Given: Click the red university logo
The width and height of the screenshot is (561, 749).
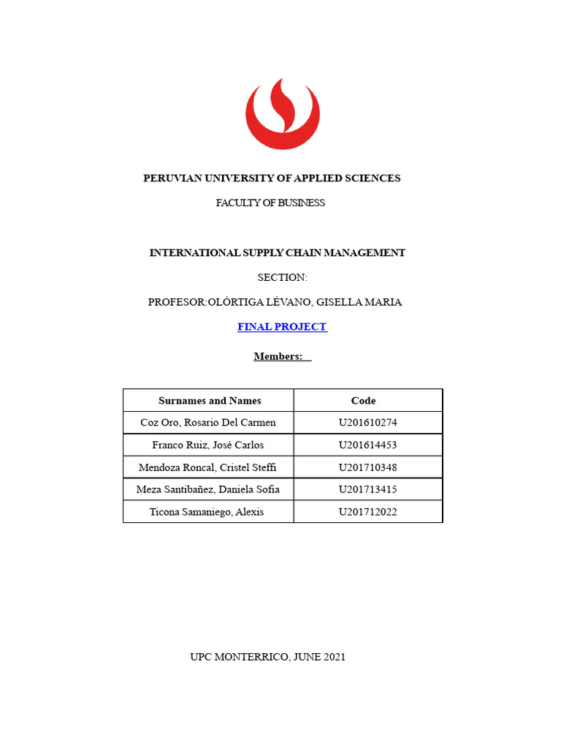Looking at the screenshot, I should tap(281, 114).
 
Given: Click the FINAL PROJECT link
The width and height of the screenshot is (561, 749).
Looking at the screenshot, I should tap(282, 327).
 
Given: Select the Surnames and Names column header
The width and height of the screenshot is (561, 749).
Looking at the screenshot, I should tap(210, 401).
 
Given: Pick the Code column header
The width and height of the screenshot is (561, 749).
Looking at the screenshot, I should tap(363, 401).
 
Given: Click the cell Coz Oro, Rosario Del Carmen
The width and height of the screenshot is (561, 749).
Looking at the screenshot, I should tap(208, 423).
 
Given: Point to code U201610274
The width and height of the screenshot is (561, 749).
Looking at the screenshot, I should tap(367, 423).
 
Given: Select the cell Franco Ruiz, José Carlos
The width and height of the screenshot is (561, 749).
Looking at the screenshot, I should tap(208, 445).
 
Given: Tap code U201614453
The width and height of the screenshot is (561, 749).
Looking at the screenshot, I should tap(367, 445).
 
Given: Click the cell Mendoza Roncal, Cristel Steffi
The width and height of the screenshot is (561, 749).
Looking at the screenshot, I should tap(208, 467).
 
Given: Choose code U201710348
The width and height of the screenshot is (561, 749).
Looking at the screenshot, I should tap(367, 467).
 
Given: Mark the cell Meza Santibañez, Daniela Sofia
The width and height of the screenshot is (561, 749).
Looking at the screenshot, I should tap(208, 489).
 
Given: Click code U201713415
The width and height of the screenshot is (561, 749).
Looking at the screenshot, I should tap(367, 489).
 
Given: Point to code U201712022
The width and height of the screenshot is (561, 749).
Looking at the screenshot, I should tap(367, 512).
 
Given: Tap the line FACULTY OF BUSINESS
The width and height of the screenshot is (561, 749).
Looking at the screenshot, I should tap(270, 203).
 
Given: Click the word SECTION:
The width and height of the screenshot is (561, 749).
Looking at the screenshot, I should tap(283, 277).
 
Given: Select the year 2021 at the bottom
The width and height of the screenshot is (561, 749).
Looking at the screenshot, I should tap(332, 657).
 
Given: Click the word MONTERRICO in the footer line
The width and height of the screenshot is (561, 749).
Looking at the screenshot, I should tap(251, 657).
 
